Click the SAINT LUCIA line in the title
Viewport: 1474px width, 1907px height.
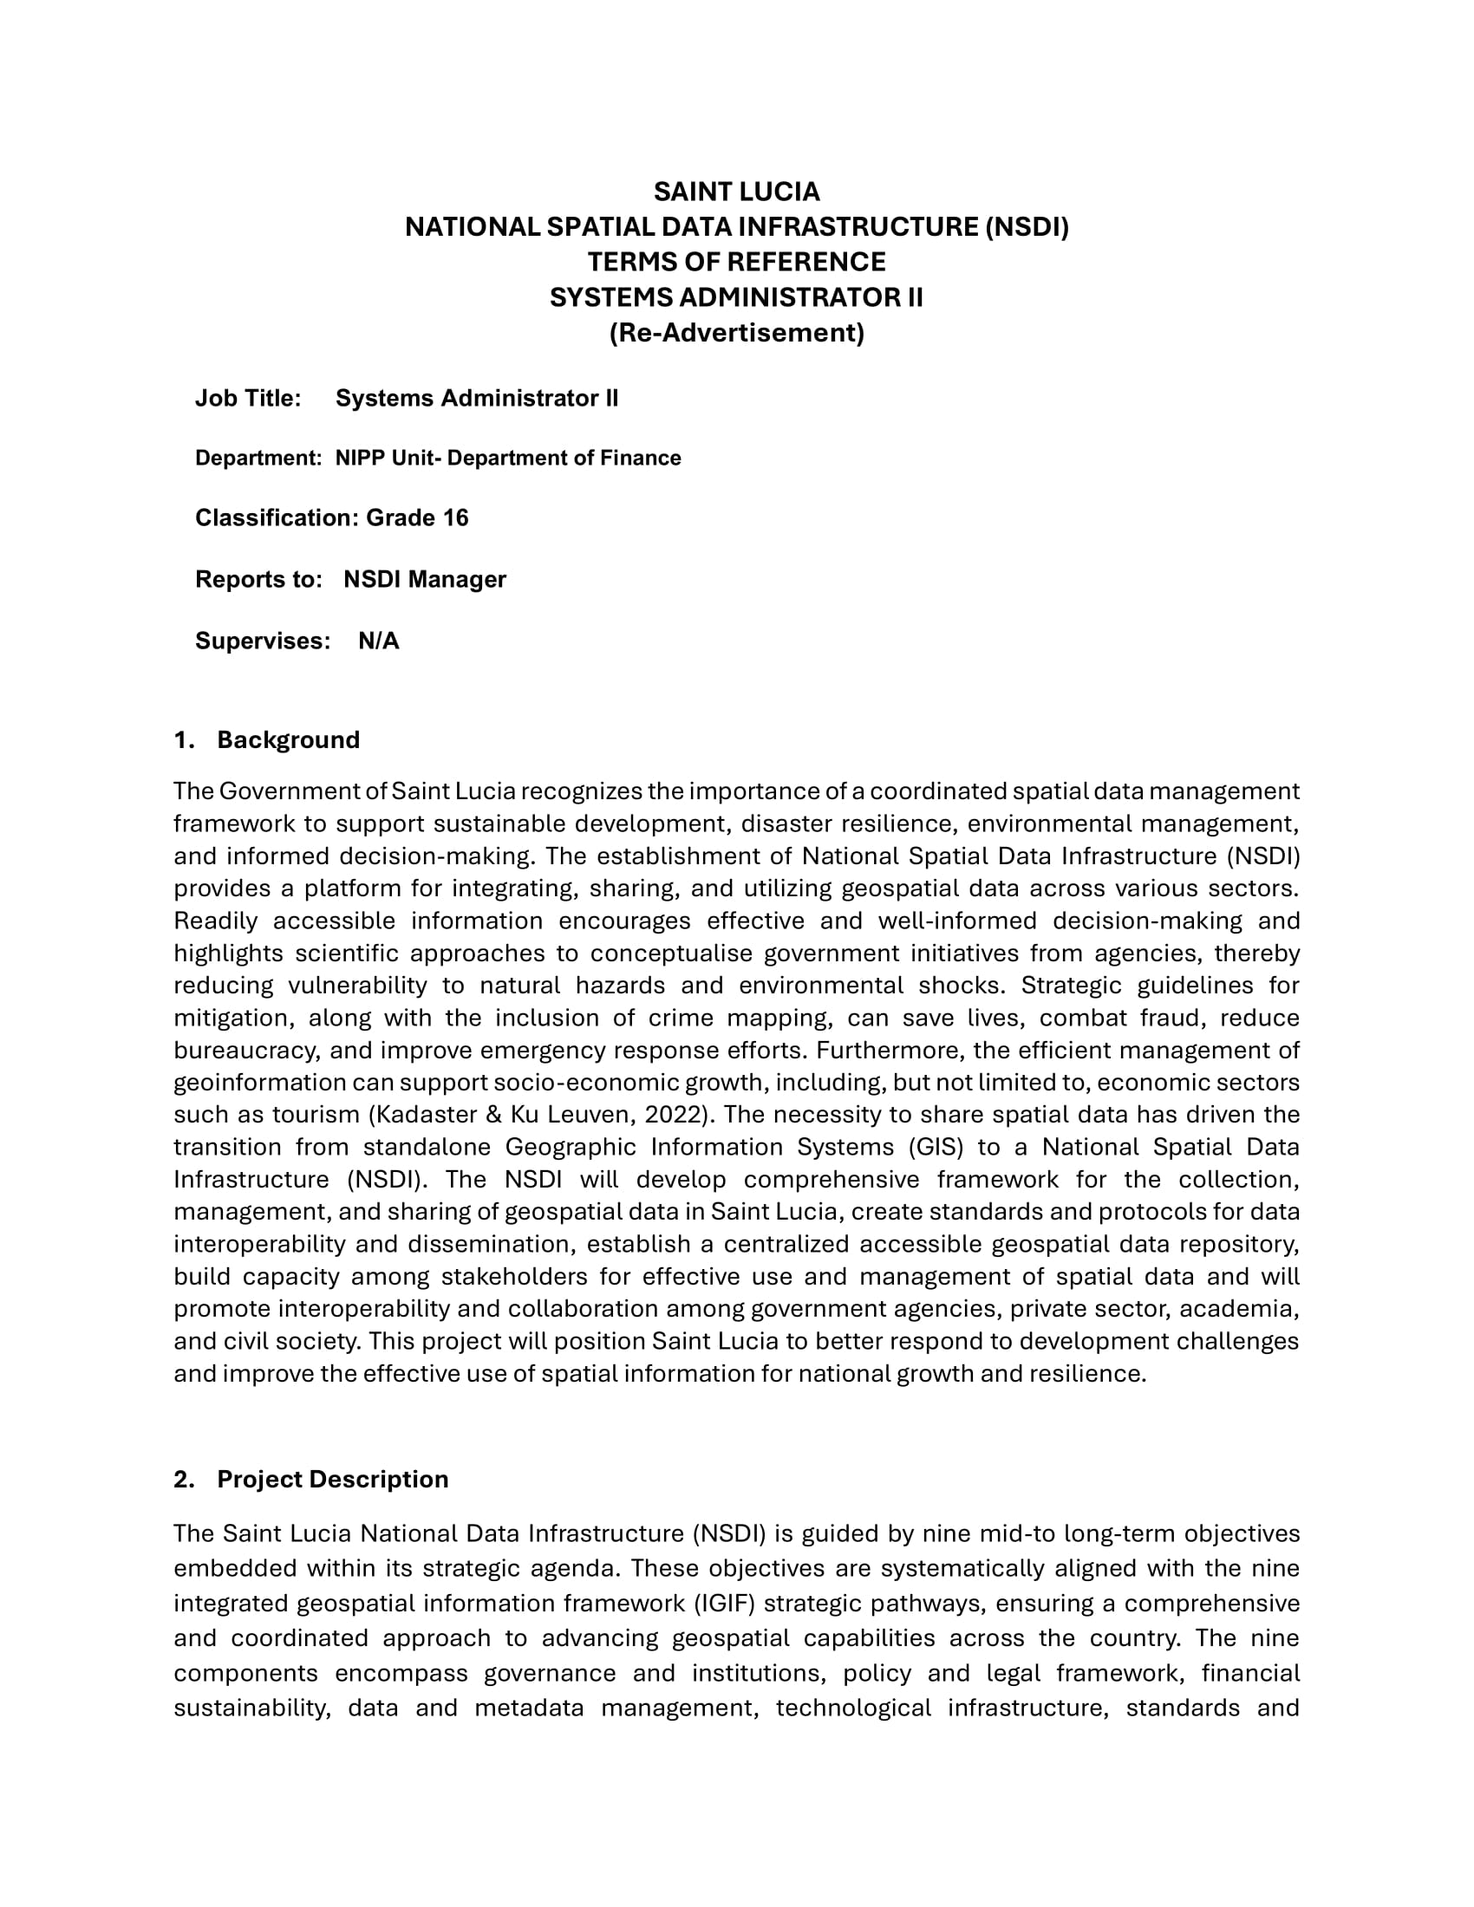coord(736,192)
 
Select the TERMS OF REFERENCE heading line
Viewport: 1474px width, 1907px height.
coord(736,262)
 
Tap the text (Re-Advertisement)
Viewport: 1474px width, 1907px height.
coord(736,333)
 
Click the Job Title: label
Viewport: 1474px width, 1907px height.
coord(248,398)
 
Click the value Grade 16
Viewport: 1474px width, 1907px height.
coord(417,517)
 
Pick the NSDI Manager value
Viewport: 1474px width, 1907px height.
coord(424,580)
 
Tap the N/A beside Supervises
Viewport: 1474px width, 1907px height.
coord(379,641)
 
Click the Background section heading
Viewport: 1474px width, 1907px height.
coord(288,740)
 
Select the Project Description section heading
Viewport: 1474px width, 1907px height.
coord(333,1479)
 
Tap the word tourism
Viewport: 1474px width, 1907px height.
coord(316,1115)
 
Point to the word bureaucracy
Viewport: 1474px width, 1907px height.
coord(246,1051)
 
